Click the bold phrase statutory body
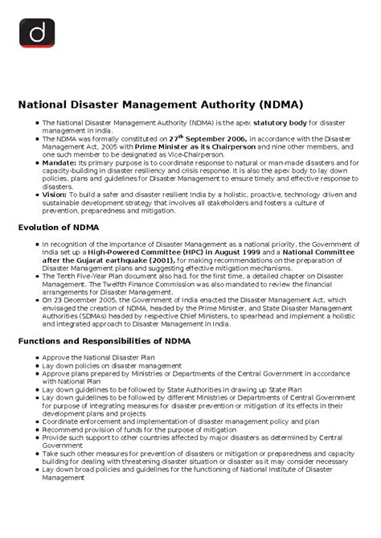point(281,123)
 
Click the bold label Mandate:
point(59,162)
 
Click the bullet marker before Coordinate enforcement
point(35,420)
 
